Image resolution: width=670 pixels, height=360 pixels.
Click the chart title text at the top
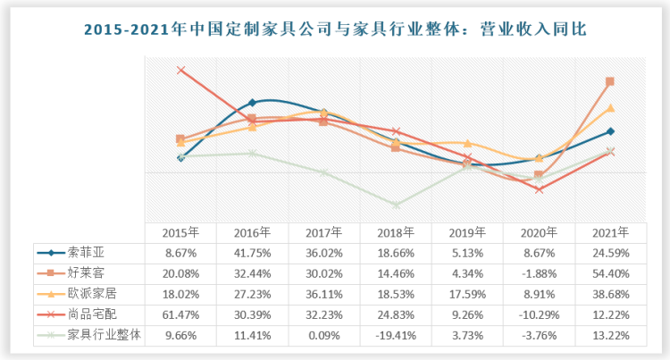pyautogui.click(x=335, y=29)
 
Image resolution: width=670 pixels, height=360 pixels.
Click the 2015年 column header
pyautogui.click(x=180, y=232)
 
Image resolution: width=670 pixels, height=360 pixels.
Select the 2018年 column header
pyautogui.click(x=396, y=232)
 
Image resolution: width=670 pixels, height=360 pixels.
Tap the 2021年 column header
pyautogui.click(x=610, y=232)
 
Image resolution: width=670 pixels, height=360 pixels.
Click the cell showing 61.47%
pyautogui.click(x=180, y=312)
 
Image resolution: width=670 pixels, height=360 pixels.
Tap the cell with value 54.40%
pyautogui.click(x=610, y=272)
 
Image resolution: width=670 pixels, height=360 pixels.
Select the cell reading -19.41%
pyautogui.click(x=396, y=332)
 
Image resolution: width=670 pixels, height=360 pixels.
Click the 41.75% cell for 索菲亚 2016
pyautogui.click(x=252, y=253)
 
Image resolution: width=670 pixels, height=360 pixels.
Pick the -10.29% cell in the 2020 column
pyautogui.click(x=539, y=312)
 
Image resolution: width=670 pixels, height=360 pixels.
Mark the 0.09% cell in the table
pyautogui.click(x=324, y=332)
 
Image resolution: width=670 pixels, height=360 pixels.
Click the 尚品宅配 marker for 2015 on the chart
pyautogui.click(x=180, y=70)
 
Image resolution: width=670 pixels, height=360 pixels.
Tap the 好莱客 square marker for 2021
pyautogui.click(x=610, y=81)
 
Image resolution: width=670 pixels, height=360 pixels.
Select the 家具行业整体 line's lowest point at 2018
pyautogui.click(x=396, y=205)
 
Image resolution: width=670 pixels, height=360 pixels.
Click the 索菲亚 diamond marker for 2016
pyautogui.click(x=252, y=103)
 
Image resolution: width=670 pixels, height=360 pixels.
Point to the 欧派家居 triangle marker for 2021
pyautogui.click(x=610, y=108)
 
